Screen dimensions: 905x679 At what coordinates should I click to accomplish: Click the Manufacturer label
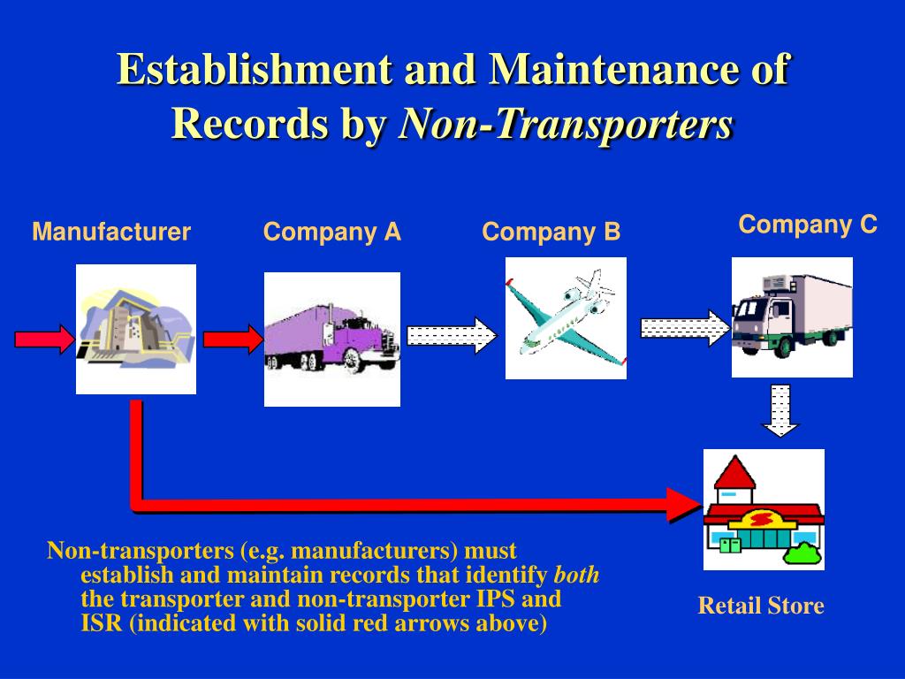[111, 232]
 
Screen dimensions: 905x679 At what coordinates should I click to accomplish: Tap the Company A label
[332, 233]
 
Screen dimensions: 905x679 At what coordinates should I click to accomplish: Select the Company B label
[551, 233]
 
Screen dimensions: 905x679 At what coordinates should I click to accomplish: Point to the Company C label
[808, 225]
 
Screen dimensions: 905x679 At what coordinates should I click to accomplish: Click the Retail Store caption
[761, 606]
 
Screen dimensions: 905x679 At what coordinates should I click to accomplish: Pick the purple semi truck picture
[332, 339]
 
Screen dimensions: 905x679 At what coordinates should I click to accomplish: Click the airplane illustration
[566, 318]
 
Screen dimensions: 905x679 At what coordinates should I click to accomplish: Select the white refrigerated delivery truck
[792, 317]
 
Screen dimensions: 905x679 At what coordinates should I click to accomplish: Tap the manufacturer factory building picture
[136, 329]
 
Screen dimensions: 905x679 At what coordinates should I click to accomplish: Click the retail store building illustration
[764, 509]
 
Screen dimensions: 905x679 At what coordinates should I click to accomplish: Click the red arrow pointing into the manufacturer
[44, 339]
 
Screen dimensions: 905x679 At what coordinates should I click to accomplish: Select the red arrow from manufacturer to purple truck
[233, 339]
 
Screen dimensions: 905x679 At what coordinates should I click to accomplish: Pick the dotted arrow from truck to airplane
[452, 335]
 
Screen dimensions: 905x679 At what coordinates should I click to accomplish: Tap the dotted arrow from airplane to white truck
[686, 328]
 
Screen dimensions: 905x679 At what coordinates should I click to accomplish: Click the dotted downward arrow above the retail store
[780, 411]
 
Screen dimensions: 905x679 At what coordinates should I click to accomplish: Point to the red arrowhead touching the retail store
[685, 505]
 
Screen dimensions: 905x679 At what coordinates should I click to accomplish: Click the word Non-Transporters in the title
[566, 124]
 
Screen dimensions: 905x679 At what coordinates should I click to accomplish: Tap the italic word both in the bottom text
[576, 575]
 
